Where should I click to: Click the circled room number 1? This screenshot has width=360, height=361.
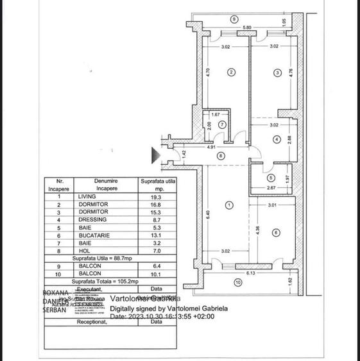coord(230,205)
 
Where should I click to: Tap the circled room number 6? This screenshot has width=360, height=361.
coord(275,232)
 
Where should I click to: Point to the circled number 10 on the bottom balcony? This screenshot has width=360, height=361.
coord(237,282)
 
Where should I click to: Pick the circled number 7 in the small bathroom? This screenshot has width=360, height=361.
coord(222,124)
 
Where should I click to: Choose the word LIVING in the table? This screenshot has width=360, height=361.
coord(86,196)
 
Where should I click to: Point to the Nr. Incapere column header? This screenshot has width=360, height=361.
coord(60,185)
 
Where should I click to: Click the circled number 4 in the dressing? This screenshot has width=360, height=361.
coord(276,139)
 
